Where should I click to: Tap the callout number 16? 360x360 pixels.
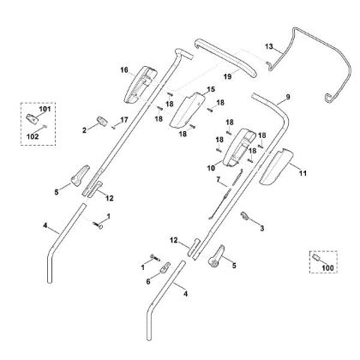click(x=124, y=69)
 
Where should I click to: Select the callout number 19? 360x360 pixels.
click(x=203, y=77)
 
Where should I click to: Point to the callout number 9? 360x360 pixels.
click(x=288, y=98)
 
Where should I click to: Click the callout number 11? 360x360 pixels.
click(x=302, y=173)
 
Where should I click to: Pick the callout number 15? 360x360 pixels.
click(x=212, y=89)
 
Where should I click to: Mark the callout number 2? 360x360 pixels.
click(x=85, y=129)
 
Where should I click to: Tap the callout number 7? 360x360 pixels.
click(x=219, y=180)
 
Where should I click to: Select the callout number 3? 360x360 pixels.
click(x=261, y=228)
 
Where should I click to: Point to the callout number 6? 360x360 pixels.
click(x=147, y=280)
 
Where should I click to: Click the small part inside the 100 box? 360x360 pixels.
click(x=316, y=256)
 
